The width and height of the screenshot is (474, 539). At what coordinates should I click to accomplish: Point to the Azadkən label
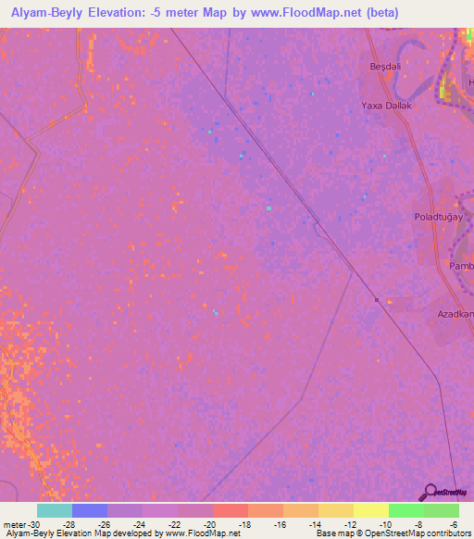(x=455, y=314)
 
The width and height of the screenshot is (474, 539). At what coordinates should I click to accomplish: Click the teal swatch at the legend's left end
(x=55, y=510)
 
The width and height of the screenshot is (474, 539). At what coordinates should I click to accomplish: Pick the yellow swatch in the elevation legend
(x=370, y=510)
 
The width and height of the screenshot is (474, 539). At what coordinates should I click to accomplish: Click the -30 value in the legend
(x=33, y=524)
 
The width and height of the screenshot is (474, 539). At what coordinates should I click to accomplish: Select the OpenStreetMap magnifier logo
(x=429, y=492)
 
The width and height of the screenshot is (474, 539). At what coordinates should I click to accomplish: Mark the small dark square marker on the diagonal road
(x=377, y=299)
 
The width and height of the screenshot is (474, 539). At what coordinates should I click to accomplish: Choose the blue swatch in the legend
(x=90, y=510)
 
